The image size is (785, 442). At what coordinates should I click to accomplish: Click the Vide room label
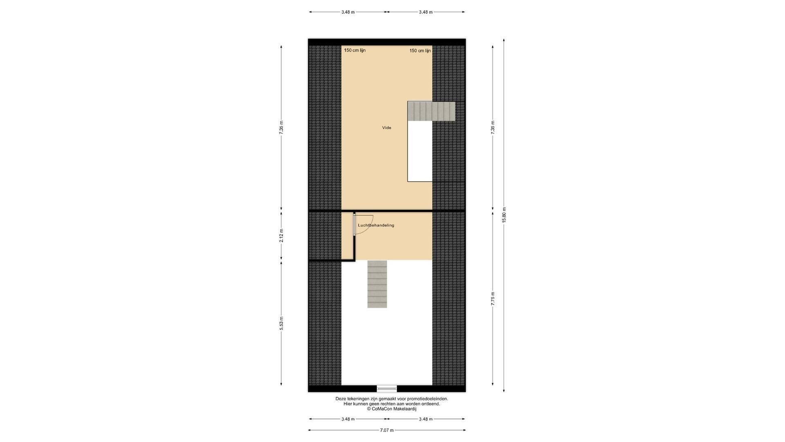click(386, 128)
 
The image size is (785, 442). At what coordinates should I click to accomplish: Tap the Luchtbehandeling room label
click(376, 225)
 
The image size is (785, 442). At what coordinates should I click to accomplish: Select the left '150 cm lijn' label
click(354, 50)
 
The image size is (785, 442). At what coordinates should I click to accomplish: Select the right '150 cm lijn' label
click(420, 51)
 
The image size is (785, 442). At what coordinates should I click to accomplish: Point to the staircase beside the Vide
click(431, 111)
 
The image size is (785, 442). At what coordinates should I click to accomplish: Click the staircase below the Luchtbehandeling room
click(377, 284)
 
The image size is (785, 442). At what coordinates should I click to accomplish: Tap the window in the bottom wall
click(387, 388)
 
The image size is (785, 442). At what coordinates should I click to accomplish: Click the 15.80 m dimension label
click(504, 215)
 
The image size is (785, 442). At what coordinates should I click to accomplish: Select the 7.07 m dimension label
click(387, 430)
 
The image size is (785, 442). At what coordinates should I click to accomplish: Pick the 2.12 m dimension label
click(281, 235)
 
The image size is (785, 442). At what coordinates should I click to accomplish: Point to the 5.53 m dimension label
click(281, 323)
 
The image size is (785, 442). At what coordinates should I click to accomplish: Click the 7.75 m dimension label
click(493, 299)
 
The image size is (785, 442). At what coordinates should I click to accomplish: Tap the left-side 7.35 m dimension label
click(281, 128)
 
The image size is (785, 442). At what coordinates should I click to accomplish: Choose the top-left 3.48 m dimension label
click(348, 12)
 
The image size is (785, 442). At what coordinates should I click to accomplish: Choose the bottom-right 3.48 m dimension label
click(426, 419)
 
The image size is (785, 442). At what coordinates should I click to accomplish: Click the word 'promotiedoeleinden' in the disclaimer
click(427, 399)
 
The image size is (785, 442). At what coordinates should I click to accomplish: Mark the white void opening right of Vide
click(420, 151)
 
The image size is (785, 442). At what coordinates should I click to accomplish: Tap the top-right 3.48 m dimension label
click(426, 12)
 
